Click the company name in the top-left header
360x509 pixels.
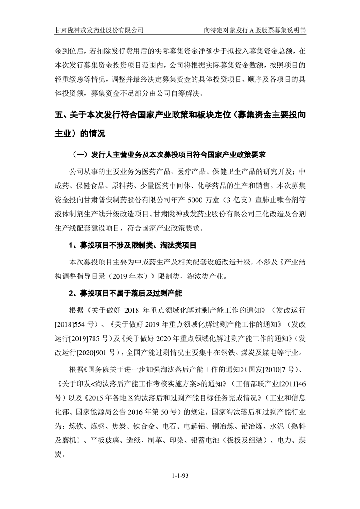pos(99,30)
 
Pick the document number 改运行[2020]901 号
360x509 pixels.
pos(87,353)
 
